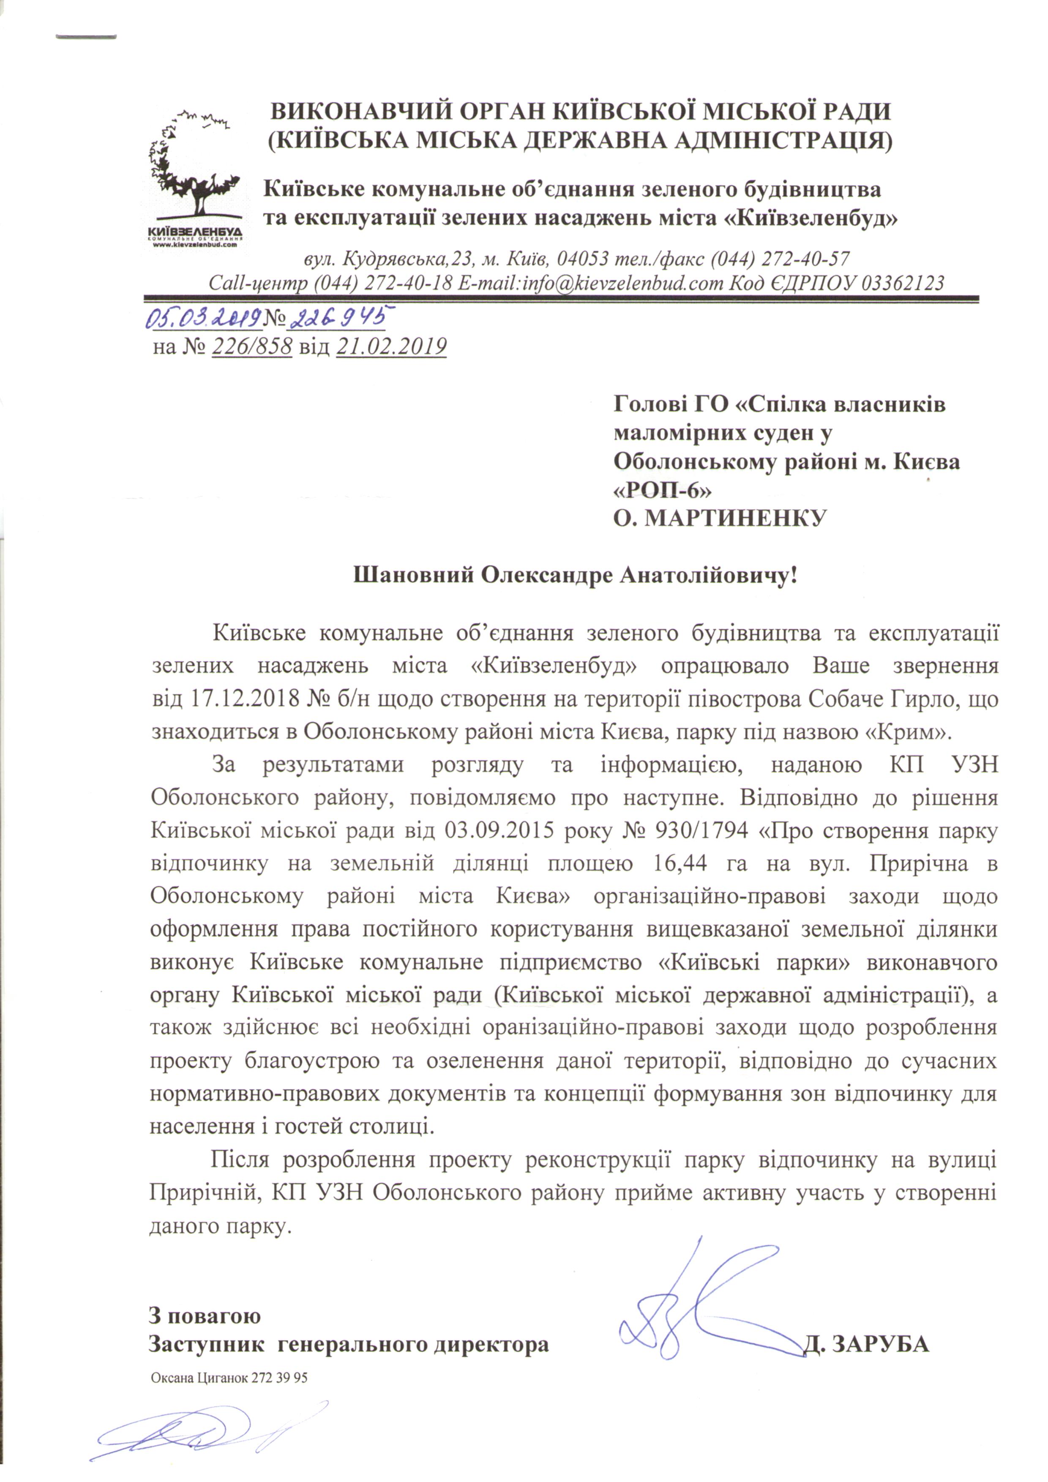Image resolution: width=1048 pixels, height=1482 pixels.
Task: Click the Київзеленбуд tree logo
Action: coord(194,177)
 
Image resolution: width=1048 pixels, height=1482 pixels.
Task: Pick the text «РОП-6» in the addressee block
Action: coord(662,490)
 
